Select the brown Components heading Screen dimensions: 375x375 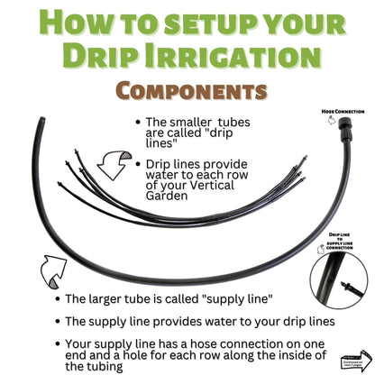187,91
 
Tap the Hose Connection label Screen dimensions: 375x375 343,111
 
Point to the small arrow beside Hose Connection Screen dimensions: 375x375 330,121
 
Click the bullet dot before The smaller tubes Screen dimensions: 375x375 134,123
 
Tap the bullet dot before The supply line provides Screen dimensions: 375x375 58,321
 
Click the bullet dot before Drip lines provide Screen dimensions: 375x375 134,164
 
